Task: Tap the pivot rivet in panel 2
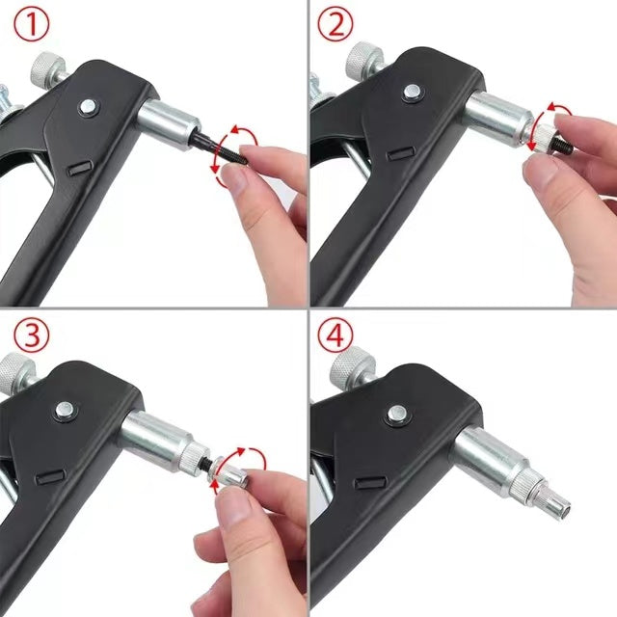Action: tap(413, 93)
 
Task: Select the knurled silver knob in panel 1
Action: tap(45, 68)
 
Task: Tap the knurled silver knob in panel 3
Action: tap(15, 370)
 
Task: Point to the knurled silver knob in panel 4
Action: tap(349, 366)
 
